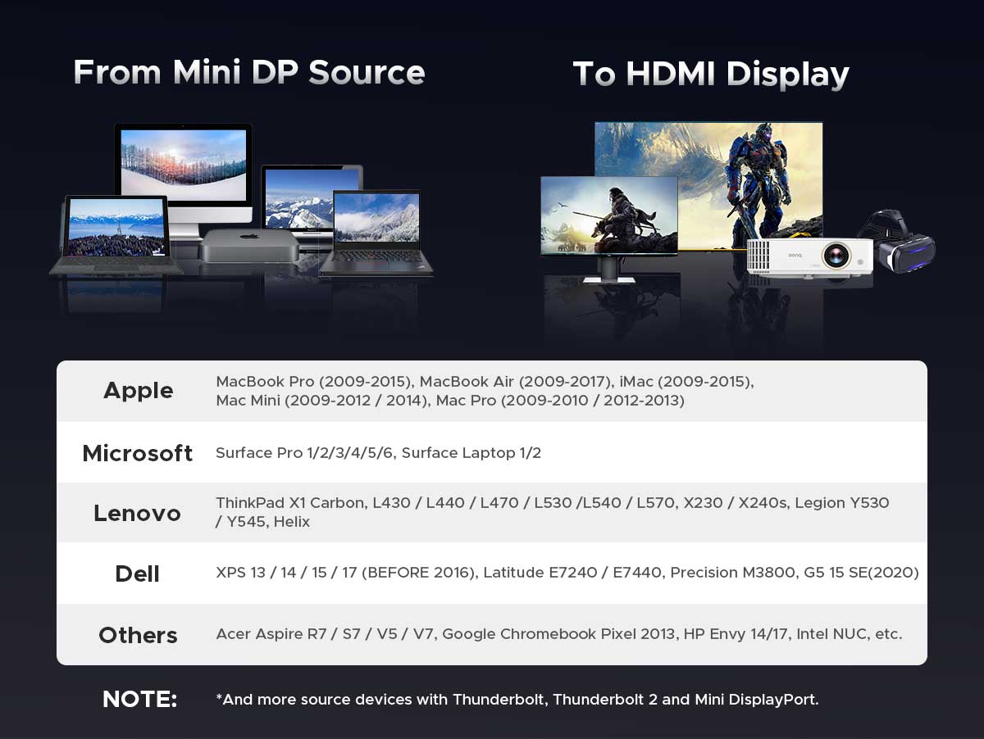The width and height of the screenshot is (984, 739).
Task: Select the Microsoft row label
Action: click(x=138, y=453)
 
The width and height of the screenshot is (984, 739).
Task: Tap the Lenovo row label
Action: click(x=137, y=513)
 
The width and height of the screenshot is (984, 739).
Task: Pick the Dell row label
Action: click(x=137, y=574)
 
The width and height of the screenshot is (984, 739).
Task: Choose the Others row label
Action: click(x=138, y=635)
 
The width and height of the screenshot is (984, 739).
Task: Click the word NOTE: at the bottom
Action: click(x=140, y=699)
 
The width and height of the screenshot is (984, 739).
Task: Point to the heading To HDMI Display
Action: click(x=711, y=75)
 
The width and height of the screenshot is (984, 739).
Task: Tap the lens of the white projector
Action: click(x=836, y=256)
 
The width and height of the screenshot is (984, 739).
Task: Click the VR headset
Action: click(x=899, y=243)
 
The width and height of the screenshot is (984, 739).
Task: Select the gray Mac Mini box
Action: click(x=249, y=246)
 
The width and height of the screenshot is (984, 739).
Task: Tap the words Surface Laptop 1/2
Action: click(x=471, y=453)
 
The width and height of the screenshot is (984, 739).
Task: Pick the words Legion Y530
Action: click(x=842, y=503)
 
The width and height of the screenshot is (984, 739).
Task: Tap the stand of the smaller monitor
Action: click(x=609, y=270)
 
